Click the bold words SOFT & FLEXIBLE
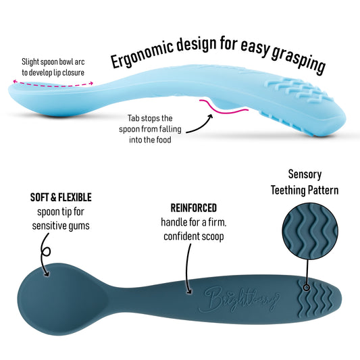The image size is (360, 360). [61, 198]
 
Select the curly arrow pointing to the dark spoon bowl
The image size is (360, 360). [43, 260]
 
